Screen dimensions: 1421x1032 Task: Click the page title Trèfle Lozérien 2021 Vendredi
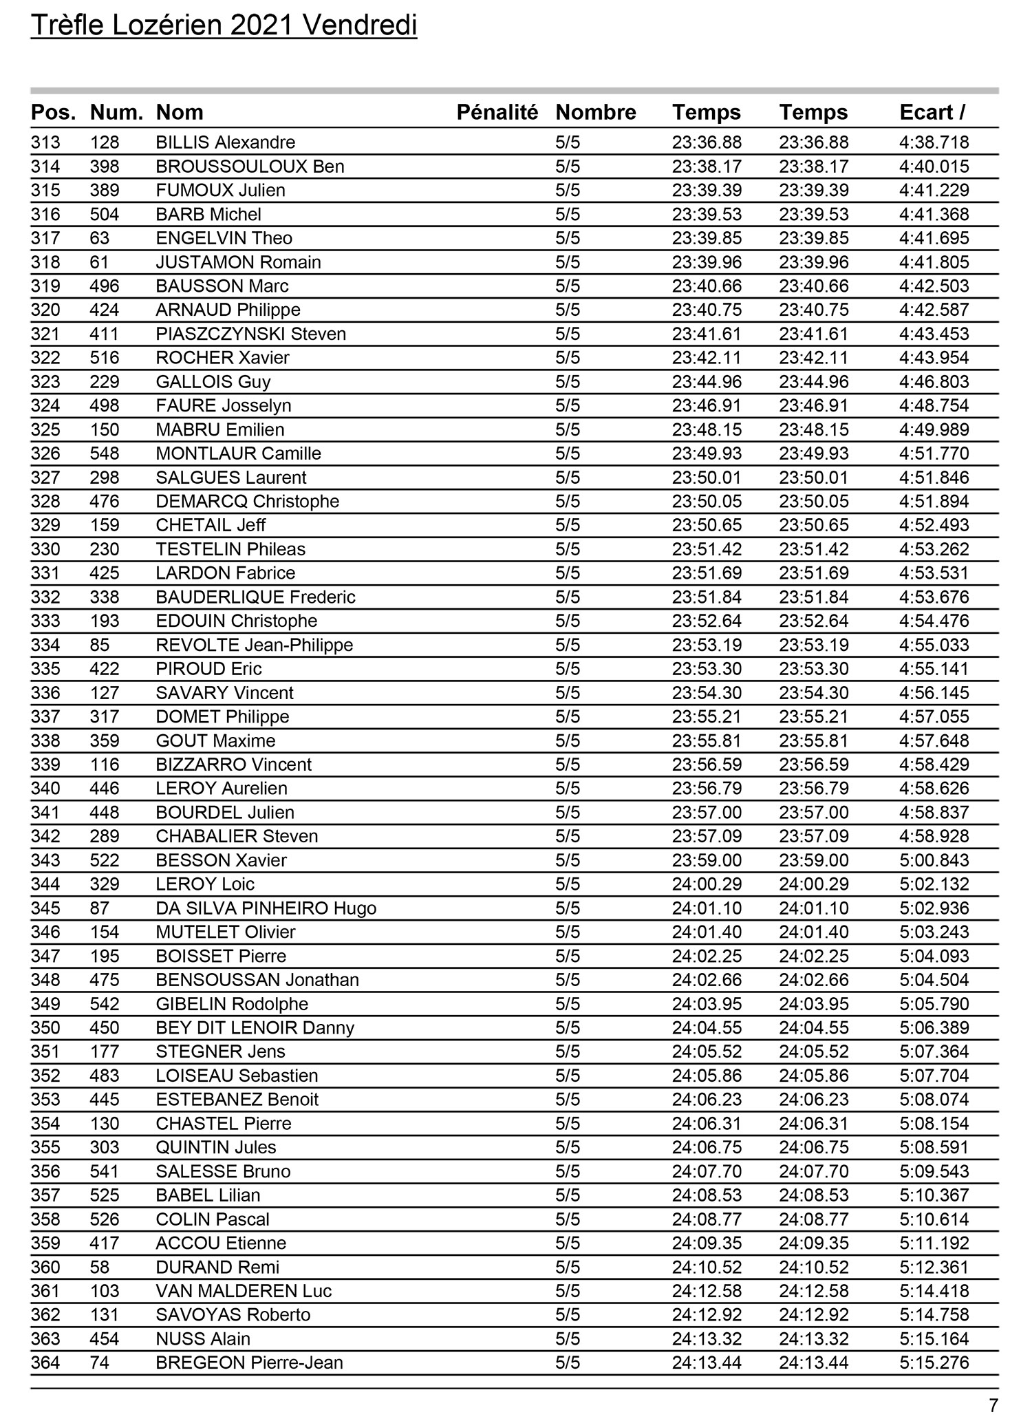[x=224, y=26]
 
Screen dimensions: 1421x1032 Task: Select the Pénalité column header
[x=497, y=112]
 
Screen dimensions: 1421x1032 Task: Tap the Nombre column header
[x=595, y=112]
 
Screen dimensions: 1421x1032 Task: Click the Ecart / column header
[x=932, y=112]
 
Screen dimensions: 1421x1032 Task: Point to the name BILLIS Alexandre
[x=226, y=142]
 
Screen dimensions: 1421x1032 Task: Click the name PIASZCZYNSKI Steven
[x=251, y=334]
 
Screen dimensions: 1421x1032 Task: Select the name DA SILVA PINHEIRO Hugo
[x=266, y=908]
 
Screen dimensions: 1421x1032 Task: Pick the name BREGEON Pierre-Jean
[x=249, y=1363]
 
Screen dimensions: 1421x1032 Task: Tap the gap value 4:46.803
[x=934, y=382]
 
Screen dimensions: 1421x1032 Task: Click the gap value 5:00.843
[x=934, y=860]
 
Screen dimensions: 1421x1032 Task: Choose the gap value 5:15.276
[x=934, y=1363]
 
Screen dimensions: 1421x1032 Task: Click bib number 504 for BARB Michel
[x=105, y=214]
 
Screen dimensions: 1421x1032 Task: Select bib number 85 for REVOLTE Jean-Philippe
[x=100, y=645]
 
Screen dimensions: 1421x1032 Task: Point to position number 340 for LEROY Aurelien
[x=45, y=789]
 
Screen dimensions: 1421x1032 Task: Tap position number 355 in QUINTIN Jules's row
[x=45, y=1147]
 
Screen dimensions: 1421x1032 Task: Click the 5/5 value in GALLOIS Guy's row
[x=568, y=382]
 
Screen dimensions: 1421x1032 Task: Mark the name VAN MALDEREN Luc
[x=244, y=1291]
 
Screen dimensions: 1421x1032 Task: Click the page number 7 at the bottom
[x=993, y=1405]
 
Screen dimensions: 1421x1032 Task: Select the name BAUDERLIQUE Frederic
[x=256, y=597]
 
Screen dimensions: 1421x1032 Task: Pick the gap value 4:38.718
[x=934, y=142]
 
